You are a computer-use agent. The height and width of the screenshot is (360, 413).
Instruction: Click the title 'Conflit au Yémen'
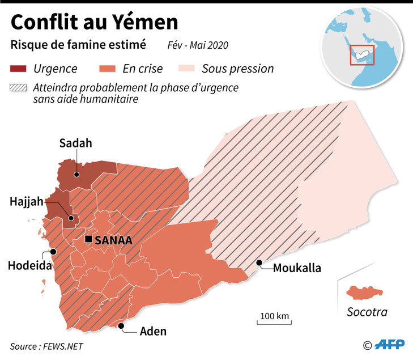[x=94, y=23]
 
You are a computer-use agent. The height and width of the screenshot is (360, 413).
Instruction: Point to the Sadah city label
[x=76, y=143]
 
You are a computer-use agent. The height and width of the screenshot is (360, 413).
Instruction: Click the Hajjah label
[x=26, y=202]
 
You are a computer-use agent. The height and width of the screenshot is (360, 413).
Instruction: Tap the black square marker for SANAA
[x=88, y=240]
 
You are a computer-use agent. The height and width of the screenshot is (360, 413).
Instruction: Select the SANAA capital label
[x=114, y=240]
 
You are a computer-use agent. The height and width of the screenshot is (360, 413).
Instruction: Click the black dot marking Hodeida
[x=53, y=252]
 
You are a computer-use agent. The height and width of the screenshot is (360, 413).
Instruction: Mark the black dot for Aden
[x=121, y=325]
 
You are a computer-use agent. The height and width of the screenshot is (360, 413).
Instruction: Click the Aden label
[x=153, y=332]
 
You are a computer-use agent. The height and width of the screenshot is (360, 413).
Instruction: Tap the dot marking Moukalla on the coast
[x=259, y=262]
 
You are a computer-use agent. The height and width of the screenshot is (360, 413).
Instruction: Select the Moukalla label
[x=297, y=268]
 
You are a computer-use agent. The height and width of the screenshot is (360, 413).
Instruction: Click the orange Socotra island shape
[x=364, y=292]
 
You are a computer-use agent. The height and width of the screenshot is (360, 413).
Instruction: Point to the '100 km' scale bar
[x=275, y=319]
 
